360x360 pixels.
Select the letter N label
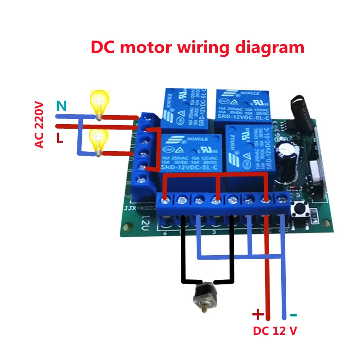[x=61, y=106]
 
